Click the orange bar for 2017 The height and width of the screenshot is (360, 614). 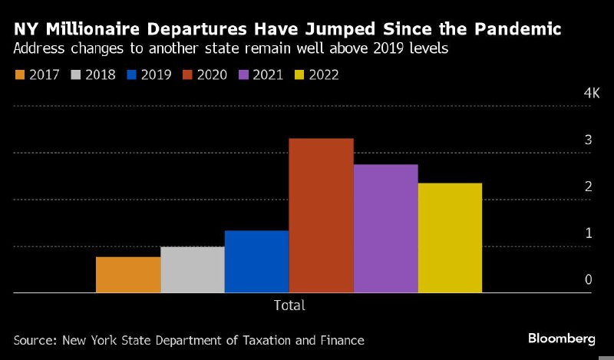[128, 275]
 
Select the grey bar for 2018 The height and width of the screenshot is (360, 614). [193, 269]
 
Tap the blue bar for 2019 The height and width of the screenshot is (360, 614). [256, 262]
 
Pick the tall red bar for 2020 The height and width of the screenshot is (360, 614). [321, 216]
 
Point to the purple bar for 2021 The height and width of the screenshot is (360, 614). [385, 229]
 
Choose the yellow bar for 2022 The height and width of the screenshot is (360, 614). [450, 238]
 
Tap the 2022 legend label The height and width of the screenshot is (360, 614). [323, 74]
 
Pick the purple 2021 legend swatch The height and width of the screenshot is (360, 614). [245, 74]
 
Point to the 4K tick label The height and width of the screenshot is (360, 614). [591, 93]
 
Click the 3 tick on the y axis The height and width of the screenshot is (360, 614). [588, 140]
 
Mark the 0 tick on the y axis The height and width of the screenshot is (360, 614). [588, 279]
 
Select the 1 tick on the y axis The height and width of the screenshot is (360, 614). [588, 233]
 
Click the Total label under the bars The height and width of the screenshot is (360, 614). [289, 305]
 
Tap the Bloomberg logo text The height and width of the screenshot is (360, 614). [562, 339]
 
